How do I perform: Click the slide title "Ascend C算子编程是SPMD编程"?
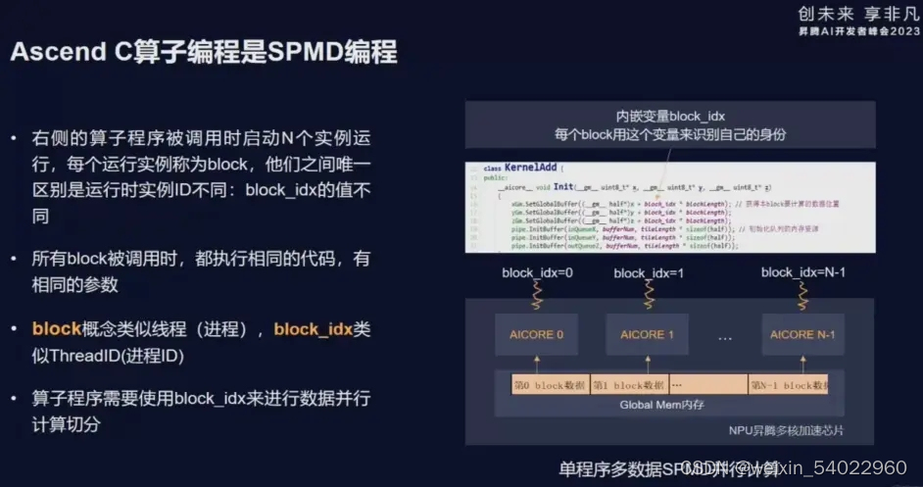(204, 52)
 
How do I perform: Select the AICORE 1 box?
(648, 335)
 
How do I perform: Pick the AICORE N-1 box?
(802, 335)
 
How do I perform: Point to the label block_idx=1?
(648, 272)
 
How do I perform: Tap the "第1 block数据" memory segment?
(628, 385)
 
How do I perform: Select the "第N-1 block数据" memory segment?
(788, 385)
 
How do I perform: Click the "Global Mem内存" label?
(663, 404)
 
